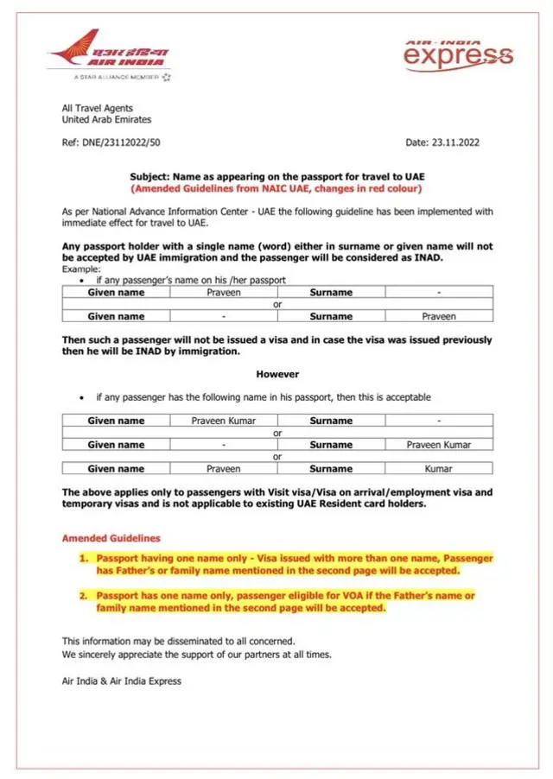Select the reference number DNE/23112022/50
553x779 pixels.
pos(116,142)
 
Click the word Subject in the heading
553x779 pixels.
pos(149,176)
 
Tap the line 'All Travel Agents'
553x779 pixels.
pos(98,109)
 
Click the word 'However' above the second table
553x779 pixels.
pos(277,374)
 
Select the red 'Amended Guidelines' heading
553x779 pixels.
pos(111,538)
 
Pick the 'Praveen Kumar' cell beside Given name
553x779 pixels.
pos(223,421)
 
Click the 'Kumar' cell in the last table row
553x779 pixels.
pos(439,469)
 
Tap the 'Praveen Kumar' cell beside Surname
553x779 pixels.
pos(439,445)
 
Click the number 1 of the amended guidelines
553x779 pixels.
pos(84,559)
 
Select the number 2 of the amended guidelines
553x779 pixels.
pos(84,596)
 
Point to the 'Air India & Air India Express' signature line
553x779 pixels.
pos(122,681)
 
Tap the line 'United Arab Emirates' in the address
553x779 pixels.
pos(106,120)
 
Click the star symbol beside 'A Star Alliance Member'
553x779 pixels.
pos(166,77)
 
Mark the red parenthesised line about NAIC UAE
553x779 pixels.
pos(277,188)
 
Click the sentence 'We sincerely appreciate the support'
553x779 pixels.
pos(196,655)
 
